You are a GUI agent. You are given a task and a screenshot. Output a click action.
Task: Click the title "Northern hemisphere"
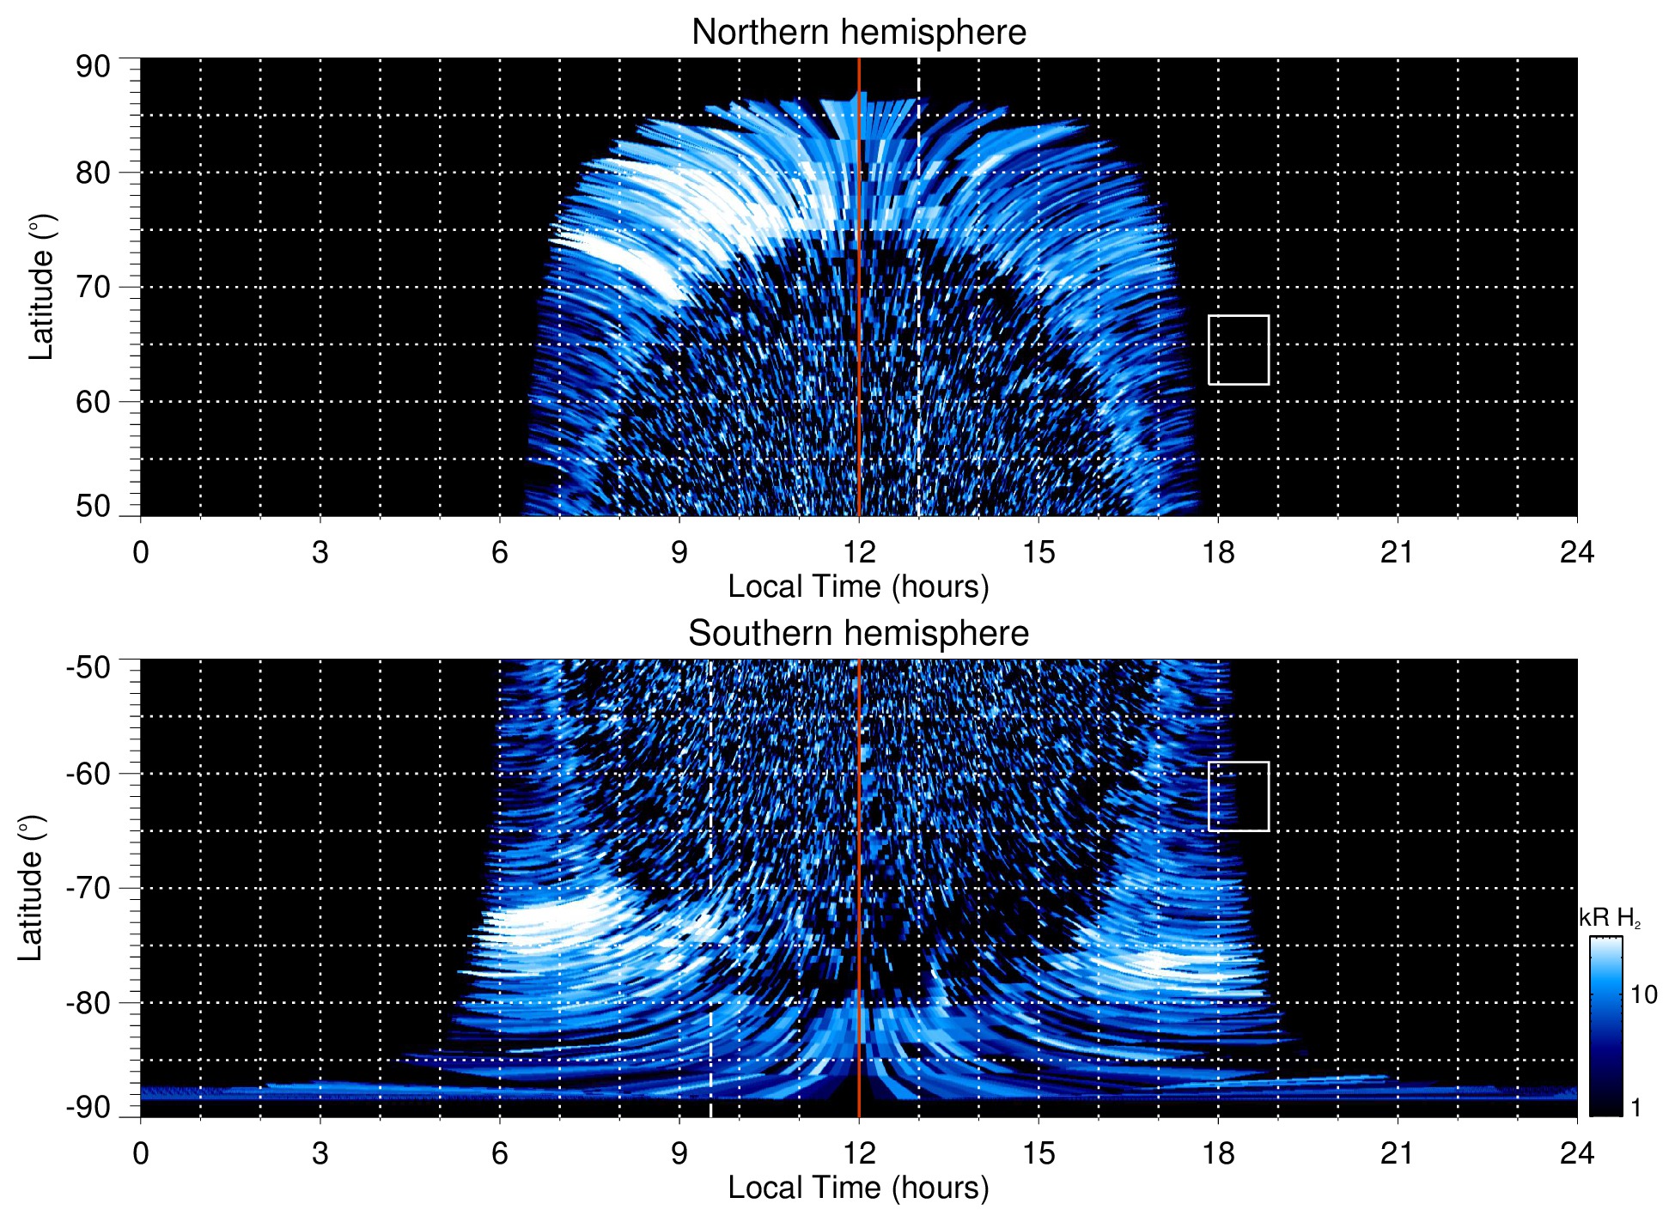click(858, 33)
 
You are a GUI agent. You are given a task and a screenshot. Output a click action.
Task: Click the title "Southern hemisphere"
click(858, 634)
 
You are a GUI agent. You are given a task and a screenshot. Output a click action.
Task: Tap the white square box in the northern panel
click(1238, 350)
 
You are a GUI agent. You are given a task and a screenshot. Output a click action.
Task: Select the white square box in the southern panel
click(1238, 796)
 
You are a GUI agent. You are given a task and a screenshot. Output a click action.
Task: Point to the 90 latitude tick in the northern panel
click(93, 67)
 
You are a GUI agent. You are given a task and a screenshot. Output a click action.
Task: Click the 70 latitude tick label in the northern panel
click(93, 287)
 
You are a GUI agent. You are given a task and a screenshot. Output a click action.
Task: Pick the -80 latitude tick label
click(88, 1002)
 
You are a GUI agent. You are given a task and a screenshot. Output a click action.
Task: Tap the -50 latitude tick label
click(88, 666)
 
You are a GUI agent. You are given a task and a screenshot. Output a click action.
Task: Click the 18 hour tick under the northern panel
click(1218, 551)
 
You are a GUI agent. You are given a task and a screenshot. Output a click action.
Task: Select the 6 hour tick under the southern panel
click(500, 1152)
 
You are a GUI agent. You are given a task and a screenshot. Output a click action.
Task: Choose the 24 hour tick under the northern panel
click(1576, 551)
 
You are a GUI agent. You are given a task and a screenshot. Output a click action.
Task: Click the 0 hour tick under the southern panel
click(141, 1152)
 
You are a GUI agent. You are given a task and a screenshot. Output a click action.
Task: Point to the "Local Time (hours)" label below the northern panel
click(858, 587)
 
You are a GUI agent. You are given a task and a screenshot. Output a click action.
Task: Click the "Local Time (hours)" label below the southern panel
click(858, 1188)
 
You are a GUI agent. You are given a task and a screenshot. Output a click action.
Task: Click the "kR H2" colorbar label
click(1609, 918)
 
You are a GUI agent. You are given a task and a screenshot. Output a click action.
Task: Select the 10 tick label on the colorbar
click(1643, 995)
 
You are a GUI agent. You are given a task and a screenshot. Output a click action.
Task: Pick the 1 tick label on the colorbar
click(1635, 1108)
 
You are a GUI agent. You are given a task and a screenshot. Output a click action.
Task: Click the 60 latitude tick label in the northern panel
click(93, 402)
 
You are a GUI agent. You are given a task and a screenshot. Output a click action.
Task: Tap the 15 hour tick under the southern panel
click(1038, 1152)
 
